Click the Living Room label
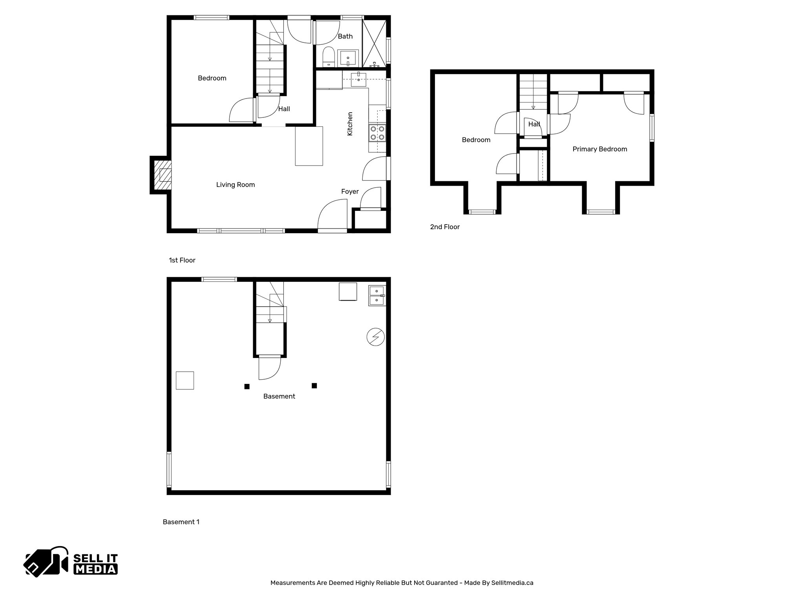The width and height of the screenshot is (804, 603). pyautogui.click(x=236, y=185)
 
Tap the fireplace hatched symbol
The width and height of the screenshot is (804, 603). pyautogui.click(x=163, y=175)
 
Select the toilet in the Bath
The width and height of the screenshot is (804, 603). pyautogui.click(x=328, y=57)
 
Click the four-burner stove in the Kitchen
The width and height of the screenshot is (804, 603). pyautogui.click(x=377, y=133)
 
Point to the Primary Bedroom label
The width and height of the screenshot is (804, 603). pyautogui.click(x=599, y=149)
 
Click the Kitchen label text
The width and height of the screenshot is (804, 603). pyautogui.click(x=350, y=124)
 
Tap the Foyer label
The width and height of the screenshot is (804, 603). pyautogui.click(x=350, y=192)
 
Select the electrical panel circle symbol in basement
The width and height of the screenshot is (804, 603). pyautogui.click(x=375, y=337)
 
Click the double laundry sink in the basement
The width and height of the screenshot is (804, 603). pyautogui.click(x=377, y=296)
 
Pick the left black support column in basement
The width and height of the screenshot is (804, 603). pyautogui.click(x=247, y=386)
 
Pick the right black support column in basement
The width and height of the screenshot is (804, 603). pyautogui.click(x=314, y=386)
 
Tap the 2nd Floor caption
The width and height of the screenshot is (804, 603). pyautogui.click(x=445, y=227)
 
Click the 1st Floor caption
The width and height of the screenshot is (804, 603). pyautogui.click(x=182, y=260)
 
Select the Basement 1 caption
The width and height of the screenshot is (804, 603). pyautogui.click(x=181, y=522)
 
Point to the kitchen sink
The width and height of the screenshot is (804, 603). pyautogui.click(x=358, y=79)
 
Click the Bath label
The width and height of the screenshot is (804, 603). pyautogui.click(x=345, y=37)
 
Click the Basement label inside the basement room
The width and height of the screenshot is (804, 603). pyautogui.click(x=279, y=397)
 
